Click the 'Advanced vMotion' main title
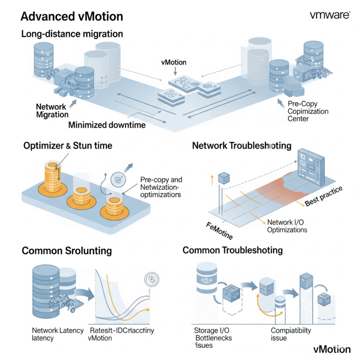[x=72, y=17]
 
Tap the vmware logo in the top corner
[x=330, y=15]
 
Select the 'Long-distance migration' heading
[x=72, y=34]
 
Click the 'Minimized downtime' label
[x=107, y=125]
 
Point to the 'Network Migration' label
[x=52, y=111]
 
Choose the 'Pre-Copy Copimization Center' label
[x=308, y=112]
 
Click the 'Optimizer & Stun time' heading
[x=67, y=146]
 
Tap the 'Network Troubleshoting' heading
[x=241, y=146]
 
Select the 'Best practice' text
[x=324, y=196]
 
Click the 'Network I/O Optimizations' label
[x=287, y=225]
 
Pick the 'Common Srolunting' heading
[x=67, y=251]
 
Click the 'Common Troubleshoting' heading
[x=232, y=250]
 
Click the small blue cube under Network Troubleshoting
[x=224, y=178]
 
